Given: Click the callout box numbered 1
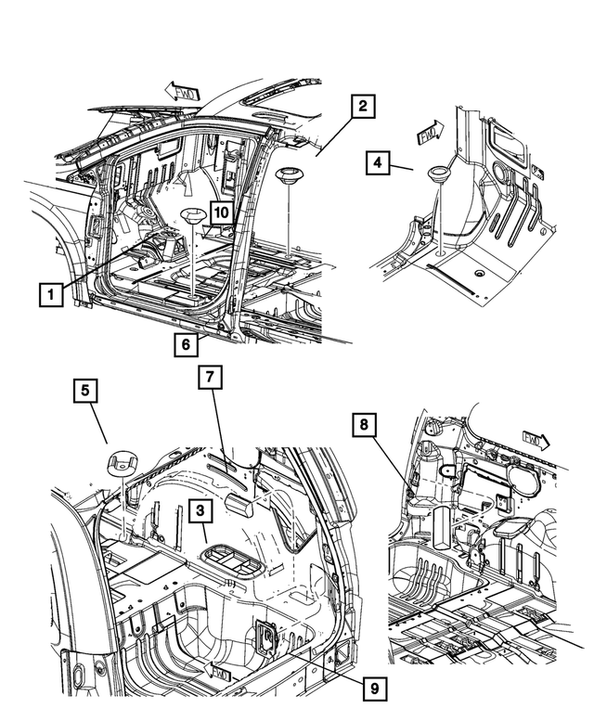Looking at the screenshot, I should (51, 295).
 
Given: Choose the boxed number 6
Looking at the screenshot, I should (186, 344).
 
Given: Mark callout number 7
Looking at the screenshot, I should (210, 378).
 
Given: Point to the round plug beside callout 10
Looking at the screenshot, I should (192, 217).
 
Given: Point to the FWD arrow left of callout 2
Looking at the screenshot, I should (180, 89).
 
